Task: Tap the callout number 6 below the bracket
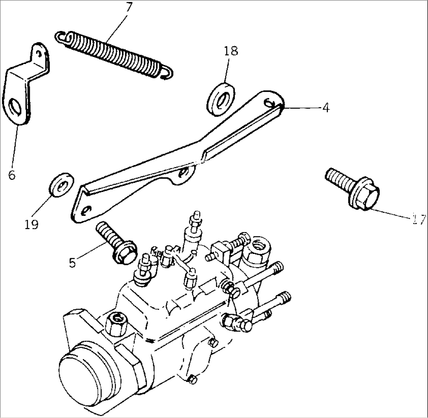click(12, 175)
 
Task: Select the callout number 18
click(231, 51)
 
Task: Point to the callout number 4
click(326, 108)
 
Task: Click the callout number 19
click(31, 224)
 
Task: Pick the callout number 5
click(72, 262)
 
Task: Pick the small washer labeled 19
click(61, 184)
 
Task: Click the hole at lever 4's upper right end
click(270, 102)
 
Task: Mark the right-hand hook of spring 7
click(167, 73)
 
